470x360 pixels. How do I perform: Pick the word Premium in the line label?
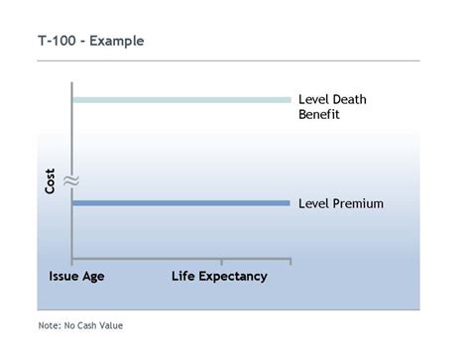tap(358, 203)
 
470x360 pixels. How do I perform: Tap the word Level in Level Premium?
tap(314, 203)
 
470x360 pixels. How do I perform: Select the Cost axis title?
tap(50, 179)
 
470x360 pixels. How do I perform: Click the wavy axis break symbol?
tap(71, 181)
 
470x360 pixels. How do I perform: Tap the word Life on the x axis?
tap(183, 277)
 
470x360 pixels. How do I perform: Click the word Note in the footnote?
tap(49, 325)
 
